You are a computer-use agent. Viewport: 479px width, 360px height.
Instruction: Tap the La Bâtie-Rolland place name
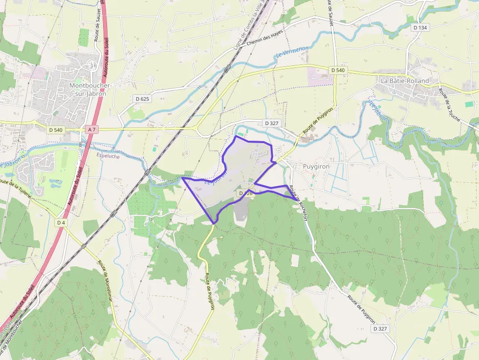(404, 81)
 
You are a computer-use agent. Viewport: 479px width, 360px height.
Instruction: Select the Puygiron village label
(316, 166)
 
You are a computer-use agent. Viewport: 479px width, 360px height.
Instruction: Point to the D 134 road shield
(419, 28)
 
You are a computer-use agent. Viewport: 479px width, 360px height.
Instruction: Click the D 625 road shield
(142, 99)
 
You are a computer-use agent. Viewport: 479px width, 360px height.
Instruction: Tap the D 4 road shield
(61, 223)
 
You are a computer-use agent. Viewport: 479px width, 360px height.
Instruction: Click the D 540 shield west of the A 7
(56, 129)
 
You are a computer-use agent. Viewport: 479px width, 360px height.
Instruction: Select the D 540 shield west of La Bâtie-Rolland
(337, 70)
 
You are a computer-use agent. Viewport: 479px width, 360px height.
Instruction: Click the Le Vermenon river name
(292, 52)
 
